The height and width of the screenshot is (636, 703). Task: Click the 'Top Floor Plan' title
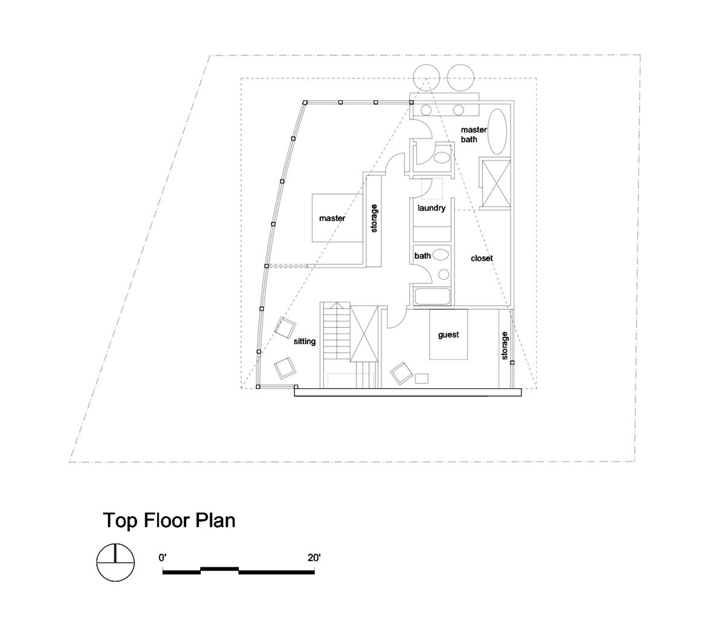(169, 521)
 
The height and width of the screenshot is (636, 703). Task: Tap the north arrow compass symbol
(115, 562)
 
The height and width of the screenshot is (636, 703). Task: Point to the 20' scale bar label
(314, 558)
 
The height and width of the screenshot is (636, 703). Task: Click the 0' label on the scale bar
(162, 558)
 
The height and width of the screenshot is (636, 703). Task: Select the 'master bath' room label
(473, 135)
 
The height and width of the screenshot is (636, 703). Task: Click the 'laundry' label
(431, 208)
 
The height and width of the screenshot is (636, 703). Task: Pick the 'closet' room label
(482, 258)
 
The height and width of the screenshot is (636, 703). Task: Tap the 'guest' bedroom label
(449, 335)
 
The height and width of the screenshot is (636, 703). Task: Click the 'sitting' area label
(304, 342)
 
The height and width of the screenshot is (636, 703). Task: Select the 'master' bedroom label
(332, 218)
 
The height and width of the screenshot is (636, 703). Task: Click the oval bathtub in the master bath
(497, 131)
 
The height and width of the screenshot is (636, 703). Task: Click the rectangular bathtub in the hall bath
(432, 297)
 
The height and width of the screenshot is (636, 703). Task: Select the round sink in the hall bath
(444, 274)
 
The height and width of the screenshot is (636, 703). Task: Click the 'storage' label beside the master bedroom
(374, 219)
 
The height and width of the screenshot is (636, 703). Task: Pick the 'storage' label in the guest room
(504, 346)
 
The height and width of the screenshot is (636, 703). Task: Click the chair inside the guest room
(401, 373)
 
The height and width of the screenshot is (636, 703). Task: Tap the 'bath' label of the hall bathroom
(423, 256)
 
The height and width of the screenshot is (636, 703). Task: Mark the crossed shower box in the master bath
(496, 183)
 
